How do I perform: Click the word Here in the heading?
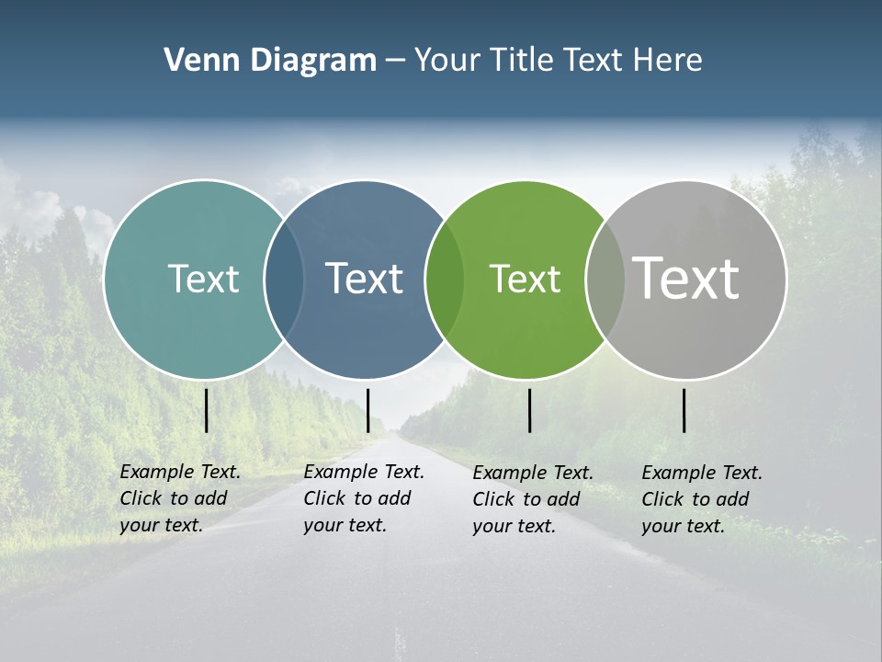(x=668, y=60)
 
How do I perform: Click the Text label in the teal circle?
(x=203, y=279)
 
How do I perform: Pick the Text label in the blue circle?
(x=364, y=279)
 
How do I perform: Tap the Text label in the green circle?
(x=525, y=280)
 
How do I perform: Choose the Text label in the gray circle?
(x=686, y=278)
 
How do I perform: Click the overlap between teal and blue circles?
(x=285, y=280)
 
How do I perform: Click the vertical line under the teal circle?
(x=207, y=410)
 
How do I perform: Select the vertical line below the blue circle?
(x=367, y=410)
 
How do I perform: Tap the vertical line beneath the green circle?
(x=529, y=410)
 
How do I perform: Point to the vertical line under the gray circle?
(x=684, y=410)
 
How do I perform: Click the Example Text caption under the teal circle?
(x=179, y=498)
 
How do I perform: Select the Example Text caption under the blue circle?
(x=363, y=498)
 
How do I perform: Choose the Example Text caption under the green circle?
(x=532, y=499)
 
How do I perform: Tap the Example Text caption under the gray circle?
(x=701, y=499)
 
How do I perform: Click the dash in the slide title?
(x=395, y=61)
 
